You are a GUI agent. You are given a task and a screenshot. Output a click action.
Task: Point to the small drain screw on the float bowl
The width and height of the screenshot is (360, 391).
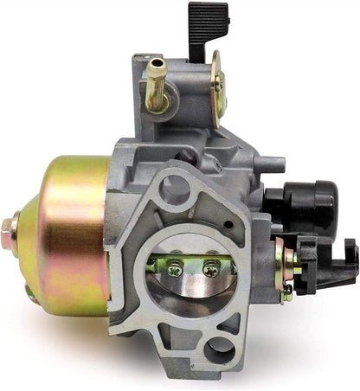[x=32, y=292]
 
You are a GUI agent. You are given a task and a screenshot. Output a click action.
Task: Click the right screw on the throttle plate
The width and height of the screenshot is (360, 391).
[x=210, y=270]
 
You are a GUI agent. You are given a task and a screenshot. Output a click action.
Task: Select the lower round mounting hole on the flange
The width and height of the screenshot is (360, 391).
[x=222, y=349]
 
